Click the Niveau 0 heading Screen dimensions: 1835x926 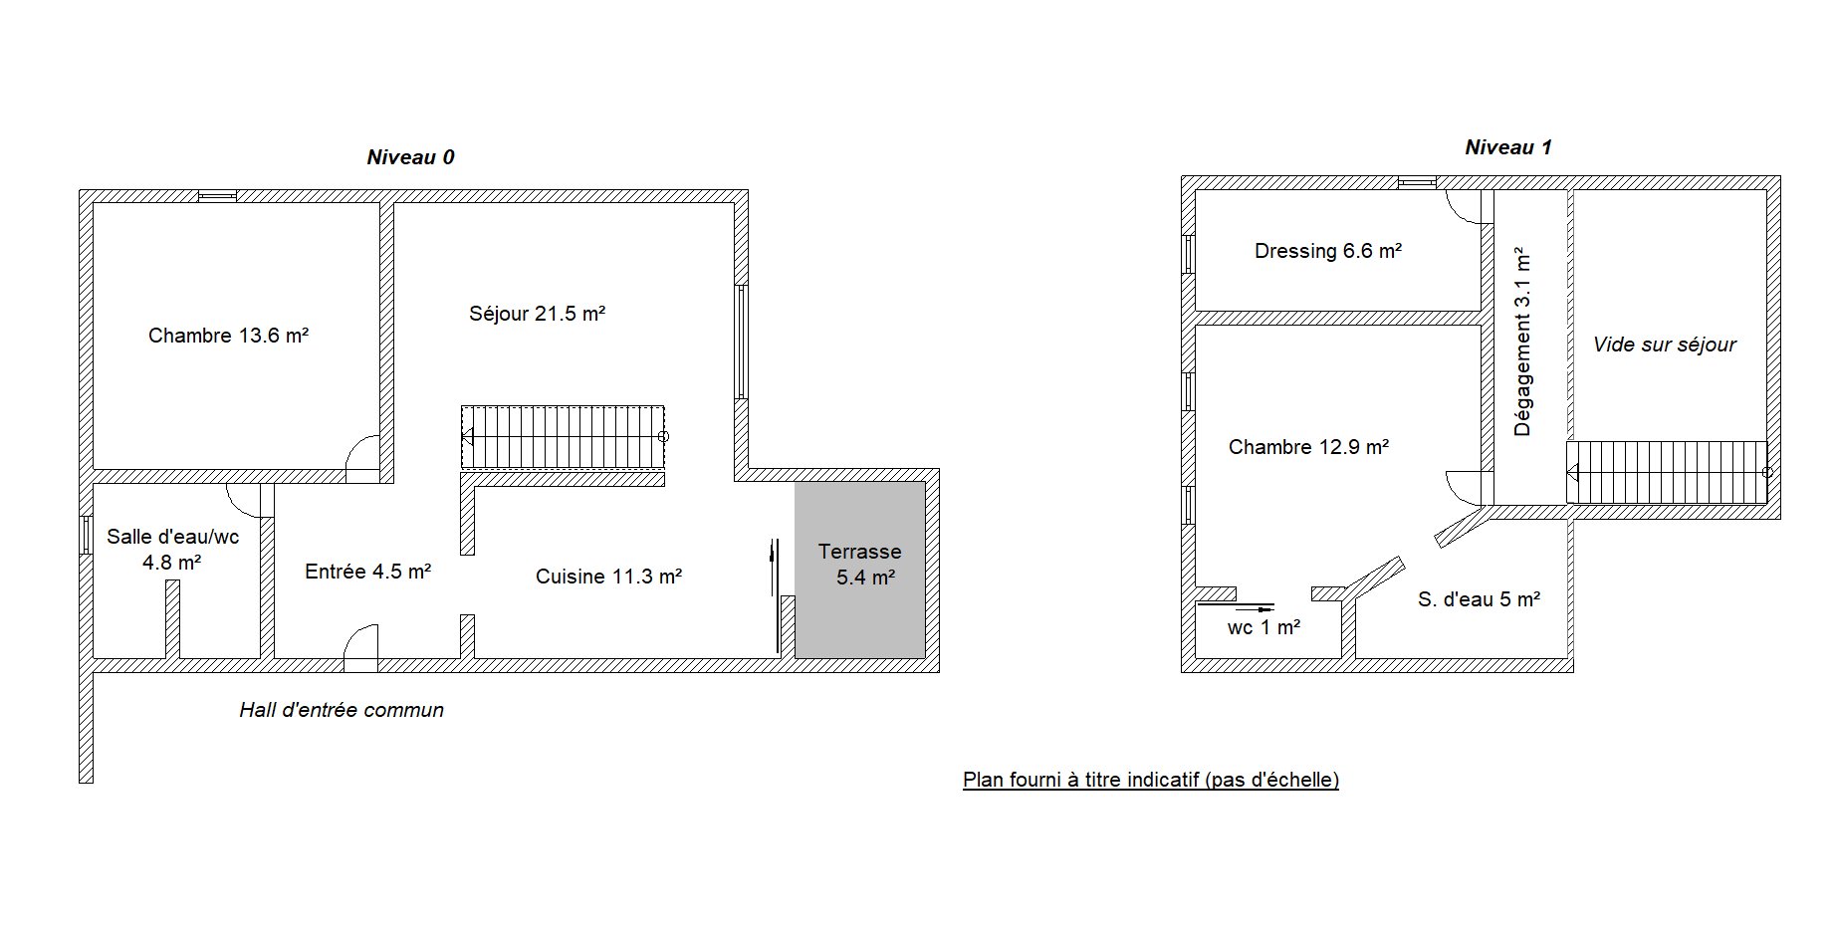(x=410, y=157)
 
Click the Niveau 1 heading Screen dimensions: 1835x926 (x=1508, y=147)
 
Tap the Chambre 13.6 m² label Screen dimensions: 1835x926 (x=228, y=336)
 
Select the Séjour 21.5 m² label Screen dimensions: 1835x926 (x=538, y=314)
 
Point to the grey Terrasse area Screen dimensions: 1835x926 (x=860, y=570)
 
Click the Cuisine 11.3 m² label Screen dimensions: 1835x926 (x=608, y=577)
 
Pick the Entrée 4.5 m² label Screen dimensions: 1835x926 (x=367, y=572)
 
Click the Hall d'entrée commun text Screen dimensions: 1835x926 (x=342, y=710)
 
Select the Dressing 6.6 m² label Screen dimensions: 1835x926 (x=1328, y=251)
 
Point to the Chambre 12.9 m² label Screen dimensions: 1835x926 (x=1308, y=447)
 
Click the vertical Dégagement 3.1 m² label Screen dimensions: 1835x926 (x=1522, y=343)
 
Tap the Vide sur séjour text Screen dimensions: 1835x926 (x=1664, y=345)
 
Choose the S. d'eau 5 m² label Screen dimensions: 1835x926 (x=1479, y=599)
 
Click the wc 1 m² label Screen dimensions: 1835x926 (x=1263, y=627)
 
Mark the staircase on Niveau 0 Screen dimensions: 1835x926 (x=564, y=436)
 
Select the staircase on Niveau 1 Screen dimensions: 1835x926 (x=1668, y=472)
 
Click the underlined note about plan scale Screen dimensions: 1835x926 (x=1151, y=780)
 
